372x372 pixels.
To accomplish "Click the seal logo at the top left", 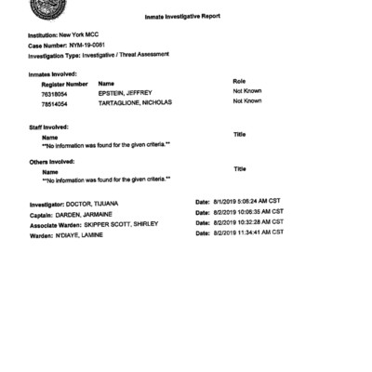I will coord(45,7).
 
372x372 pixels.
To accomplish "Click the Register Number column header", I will coord(65,83).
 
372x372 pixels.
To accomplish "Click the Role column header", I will coord(239,82).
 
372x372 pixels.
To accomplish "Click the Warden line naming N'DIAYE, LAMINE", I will coord(78,234).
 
